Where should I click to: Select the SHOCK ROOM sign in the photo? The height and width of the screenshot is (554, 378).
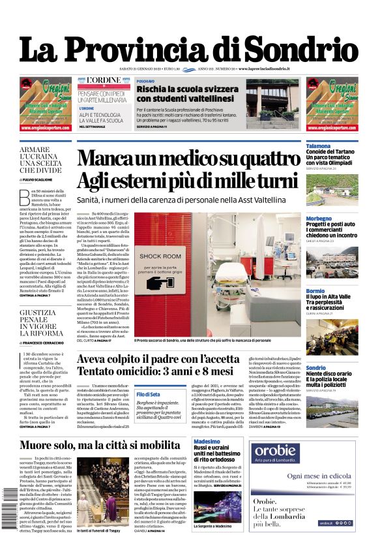coord(160,256)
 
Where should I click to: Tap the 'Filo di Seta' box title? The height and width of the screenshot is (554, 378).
coord(149,394)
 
